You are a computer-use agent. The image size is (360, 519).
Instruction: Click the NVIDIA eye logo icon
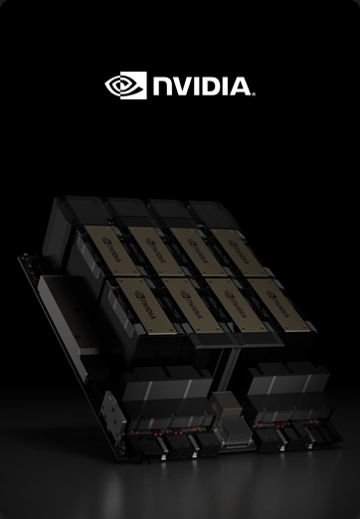[x=124, y=86]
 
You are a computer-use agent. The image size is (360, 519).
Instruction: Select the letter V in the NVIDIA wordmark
[x=188, y=86]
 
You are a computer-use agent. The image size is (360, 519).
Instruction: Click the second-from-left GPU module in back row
[x=146, y=247]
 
